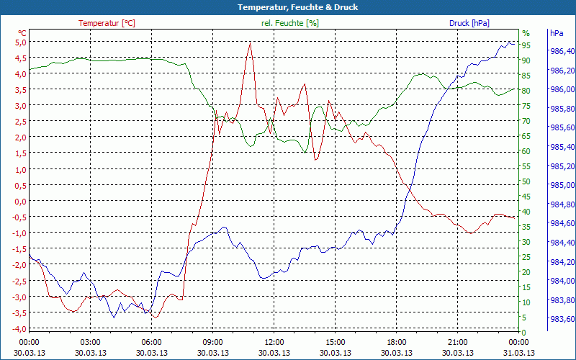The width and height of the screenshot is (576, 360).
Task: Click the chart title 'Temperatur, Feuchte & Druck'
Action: [287, 7]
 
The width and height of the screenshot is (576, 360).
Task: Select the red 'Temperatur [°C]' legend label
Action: [107, 23]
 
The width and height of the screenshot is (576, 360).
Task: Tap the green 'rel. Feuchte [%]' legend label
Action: [289, 23]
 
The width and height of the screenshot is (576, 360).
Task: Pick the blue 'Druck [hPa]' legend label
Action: [469, 23]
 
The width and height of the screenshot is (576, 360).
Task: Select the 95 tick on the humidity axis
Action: [526, 45]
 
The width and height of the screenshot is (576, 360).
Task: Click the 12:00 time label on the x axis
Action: [274, 342]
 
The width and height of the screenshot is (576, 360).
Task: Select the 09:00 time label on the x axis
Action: [212, 342]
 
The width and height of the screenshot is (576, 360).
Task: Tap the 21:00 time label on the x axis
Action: [457, 342]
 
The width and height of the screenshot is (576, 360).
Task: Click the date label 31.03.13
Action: [518, 353]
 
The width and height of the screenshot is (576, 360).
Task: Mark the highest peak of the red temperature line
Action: [250, 42]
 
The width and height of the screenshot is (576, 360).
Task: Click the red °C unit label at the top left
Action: [22, 33]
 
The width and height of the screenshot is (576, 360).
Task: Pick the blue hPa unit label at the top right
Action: [557, 33]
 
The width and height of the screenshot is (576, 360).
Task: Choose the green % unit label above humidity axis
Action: [526, 33]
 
